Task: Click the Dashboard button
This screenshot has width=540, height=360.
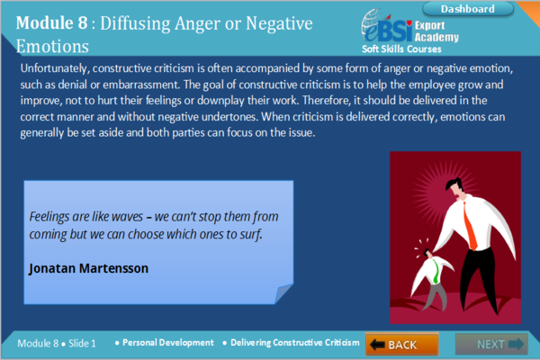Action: pos(468,9)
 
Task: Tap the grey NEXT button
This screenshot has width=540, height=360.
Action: pos(491,344)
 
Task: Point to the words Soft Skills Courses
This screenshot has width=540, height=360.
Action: pos(401,49)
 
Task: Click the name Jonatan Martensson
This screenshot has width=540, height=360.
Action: pos(88,268)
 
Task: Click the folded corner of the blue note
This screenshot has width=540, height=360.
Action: pos(283,293)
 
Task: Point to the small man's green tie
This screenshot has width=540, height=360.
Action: pos(436,272)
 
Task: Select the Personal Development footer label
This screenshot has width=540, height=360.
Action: pos(168,342)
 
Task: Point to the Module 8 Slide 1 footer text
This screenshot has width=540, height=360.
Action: pos(57,344)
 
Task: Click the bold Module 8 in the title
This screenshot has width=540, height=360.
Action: pos(51,23)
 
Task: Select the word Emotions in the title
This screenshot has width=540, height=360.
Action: pos(52,46)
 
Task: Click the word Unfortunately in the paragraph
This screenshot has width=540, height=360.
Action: pos(55,68)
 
